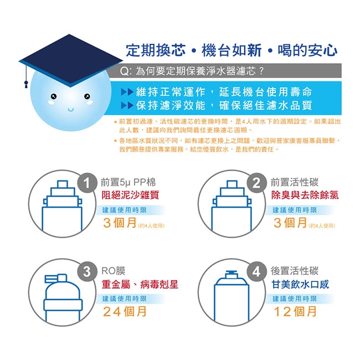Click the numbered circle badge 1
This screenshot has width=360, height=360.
(x=87, y=183)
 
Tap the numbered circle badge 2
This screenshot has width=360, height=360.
(x=256, y=183)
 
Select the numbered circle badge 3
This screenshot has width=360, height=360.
(x=87, y=271)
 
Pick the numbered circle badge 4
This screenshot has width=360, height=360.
(x=256, y=271)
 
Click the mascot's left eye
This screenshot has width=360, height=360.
(x=54, y=96)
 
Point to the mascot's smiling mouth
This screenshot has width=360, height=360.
(x=71, y=109)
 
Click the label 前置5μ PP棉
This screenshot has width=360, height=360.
(x=128, y=183)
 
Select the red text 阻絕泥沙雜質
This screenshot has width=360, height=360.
(x=130, y=195)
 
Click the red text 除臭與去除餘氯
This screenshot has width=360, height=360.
(x=305, y=195)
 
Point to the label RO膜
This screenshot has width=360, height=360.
(x=114, y=271)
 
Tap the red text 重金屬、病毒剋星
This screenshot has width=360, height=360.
(x=140, y=285)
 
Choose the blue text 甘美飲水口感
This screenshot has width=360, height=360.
(x=300, y=285)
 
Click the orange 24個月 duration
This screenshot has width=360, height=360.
(x=125, y=312)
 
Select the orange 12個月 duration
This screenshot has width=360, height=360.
(x=295, y=312)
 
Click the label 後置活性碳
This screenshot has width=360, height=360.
(x=295, y=271)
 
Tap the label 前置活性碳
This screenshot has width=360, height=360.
(x=295, y=183)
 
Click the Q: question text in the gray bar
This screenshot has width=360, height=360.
(x=192, y=71)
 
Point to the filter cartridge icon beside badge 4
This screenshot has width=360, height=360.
(x=232, y=296)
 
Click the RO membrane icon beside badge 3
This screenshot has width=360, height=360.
(x=63, y=298)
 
